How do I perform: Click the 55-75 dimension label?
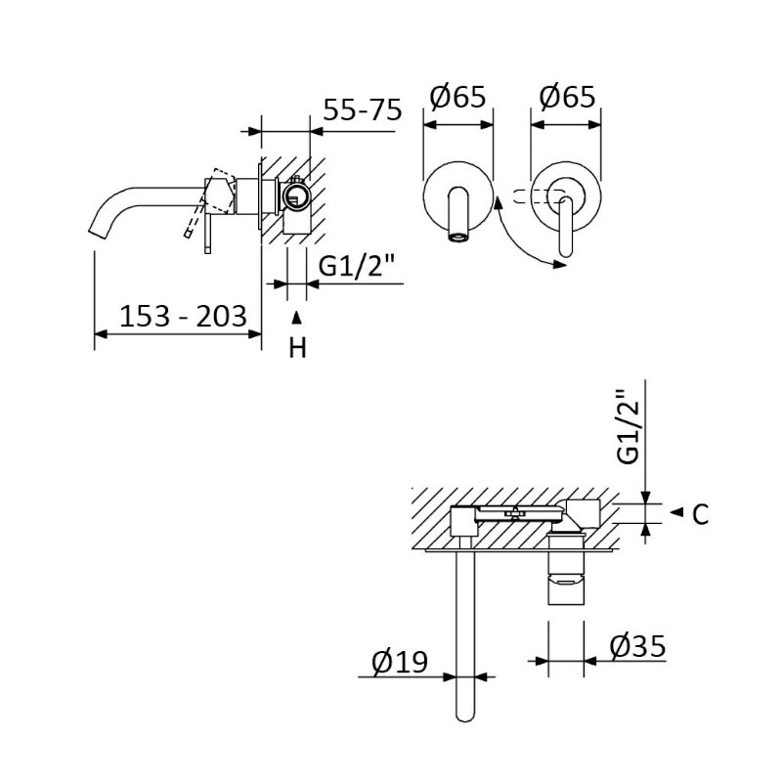(x=362, y=109)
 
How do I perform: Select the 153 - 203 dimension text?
(x=184, y=316)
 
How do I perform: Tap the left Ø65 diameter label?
(x=457, y=96)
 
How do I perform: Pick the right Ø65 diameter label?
(x=567, y=96)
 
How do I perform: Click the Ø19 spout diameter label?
(x=400, y=662)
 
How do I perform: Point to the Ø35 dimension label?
(x=638, y=646)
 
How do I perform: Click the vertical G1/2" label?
(x=628, y=426)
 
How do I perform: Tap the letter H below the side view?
(x=298, y=348)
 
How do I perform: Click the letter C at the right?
(x=701, y=514)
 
